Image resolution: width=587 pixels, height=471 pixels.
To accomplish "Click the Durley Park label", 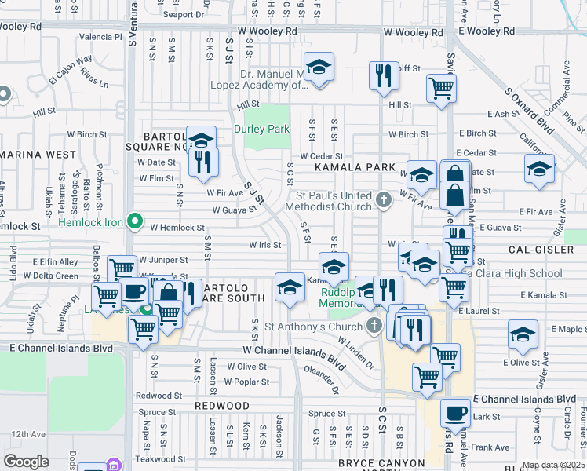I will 262,129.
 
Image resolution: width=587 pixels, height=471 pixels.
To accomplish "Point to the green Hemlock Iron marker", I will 134,223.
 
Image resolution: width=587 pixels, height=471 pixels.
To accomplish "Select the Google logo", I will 26,461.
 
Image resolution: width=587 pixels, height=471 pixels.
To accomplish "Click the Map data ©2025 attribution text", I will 552,465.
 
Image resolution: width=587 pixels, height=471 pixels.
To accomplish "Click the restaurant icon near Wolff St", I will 384,75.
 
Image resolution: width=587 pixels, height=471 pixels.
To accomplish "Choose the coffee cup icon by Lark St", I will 454,412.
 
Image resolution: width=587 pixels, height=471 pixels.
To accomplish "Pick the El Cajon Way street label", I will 71,69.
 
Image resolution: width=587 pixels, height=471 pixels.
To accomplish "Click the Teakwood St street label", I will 160,458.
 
